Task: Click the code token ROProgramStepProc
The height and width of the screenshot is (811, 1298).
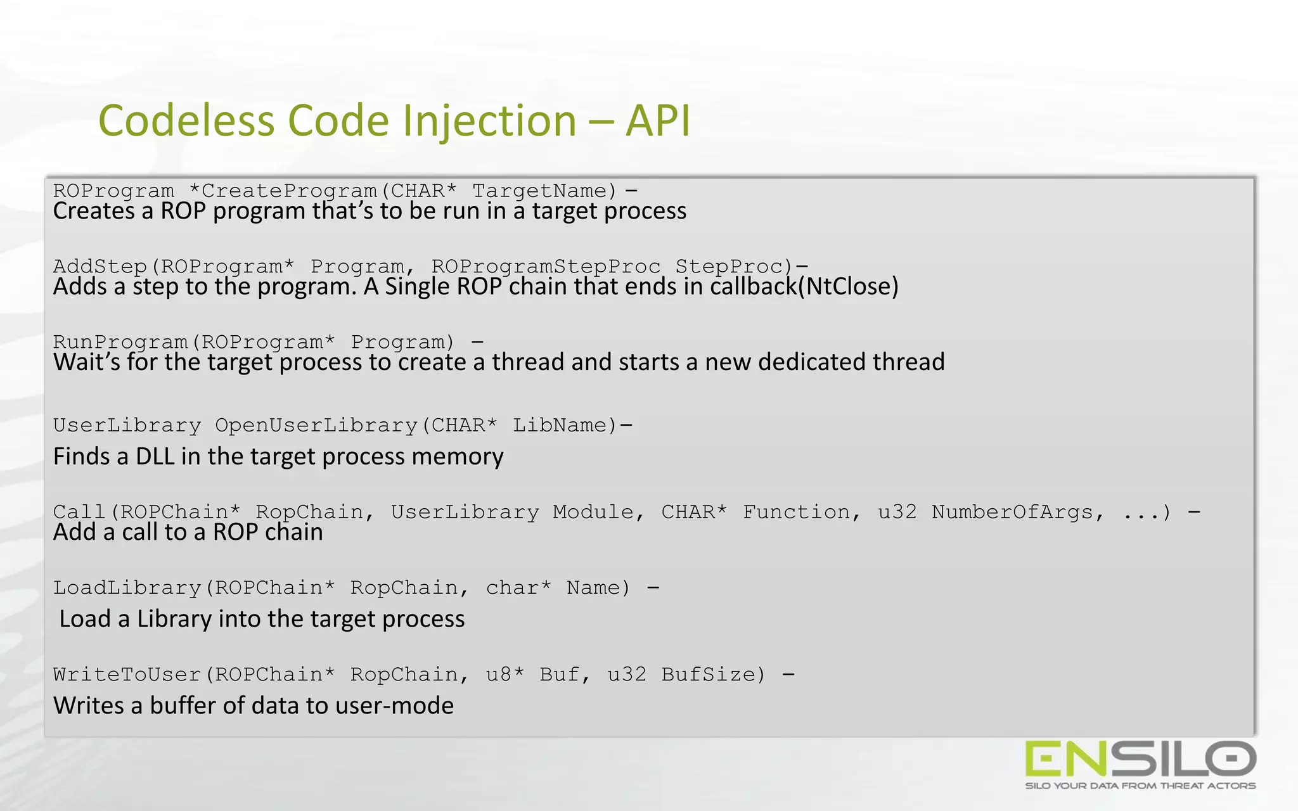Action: (546, 266)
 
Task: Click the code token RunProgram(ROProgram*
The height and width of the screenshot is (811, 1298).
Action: (194, 342)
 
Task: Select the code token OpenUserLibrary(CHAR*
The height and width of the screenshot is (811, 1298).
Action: (356, 425)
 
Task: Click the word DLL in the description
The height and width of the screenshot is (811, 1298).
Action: (155, 456)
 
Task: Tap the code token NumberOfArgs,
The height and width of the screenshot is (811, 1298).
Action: (1018, 512)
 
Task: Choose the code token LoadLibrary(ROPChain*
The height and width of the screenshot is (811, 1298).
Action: (194, 588)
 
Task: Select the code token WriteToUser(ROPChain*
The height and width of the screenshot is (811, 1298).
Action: (194, 675)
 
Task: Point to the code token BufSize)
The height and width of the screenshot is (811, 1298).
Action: (714, 675)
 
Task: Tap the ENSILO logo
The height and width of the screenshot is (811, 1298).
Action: (1140, 759)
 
